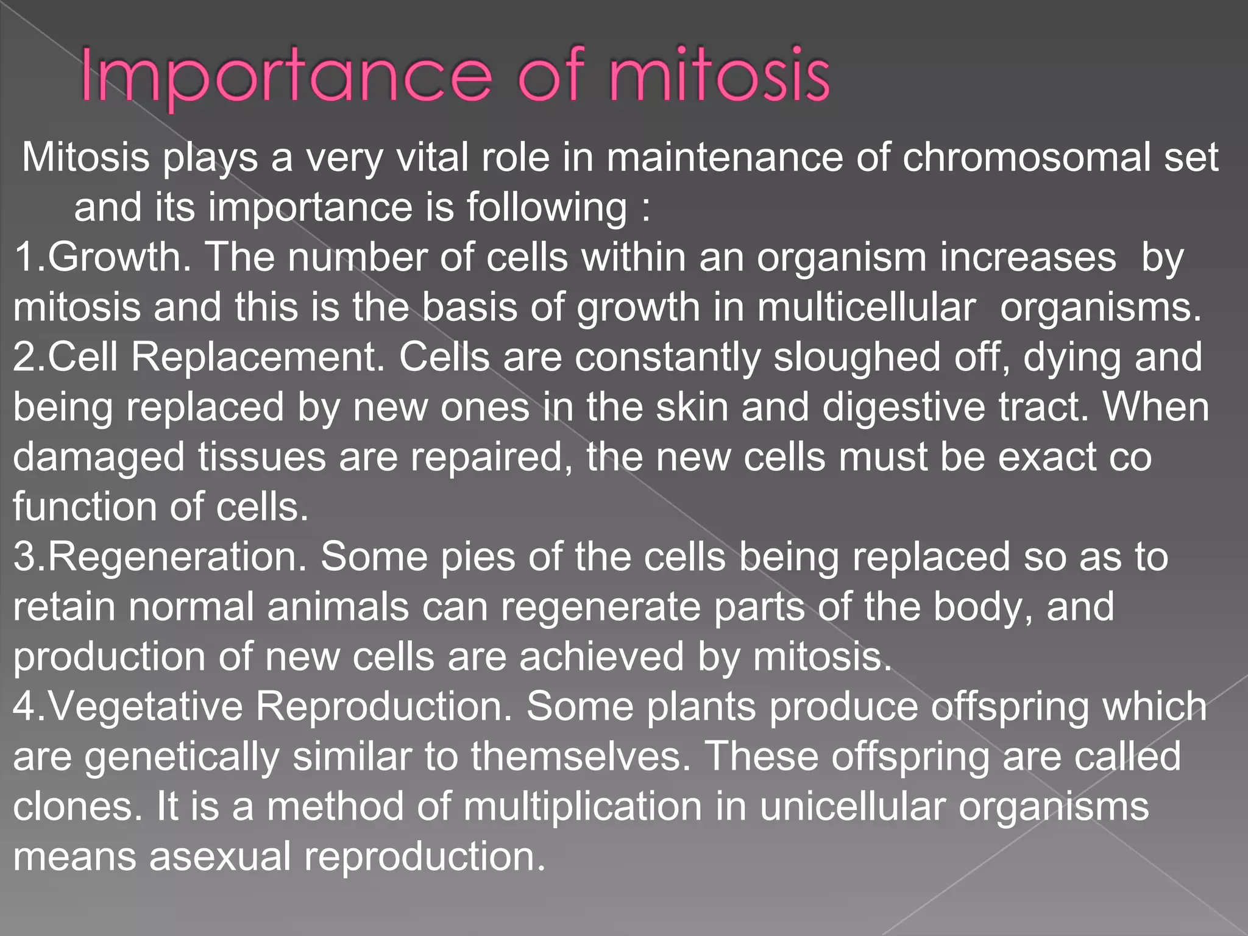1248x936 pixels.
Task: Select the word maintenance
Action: (725, 157)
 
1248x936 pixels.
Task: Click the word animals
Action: (338, 607)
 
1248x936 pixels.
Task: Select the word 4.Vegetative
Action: (127, 707)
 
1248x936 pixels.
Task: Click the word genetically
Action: (182, 757)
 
